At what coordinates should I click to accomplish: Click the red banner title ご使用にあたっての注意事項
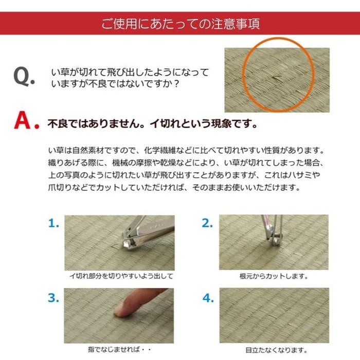tap(180, 24)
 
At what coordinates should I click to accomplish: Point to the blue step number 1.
tap(54, 223)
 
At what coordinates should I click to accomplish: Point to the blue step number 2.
tap(207, 223)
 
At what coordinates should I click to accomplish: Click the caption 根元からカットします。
tap(274, 276)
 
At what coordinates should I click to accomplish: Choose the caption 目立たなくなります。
tap(273, 350)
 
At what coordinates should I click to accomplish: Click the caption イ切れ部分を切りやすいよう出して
tap(121, 276)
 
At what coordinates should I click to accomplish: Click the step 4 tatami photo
tap(274, 315)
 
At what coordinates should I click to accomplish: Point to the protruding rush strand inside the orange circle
tap(276, 79)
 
